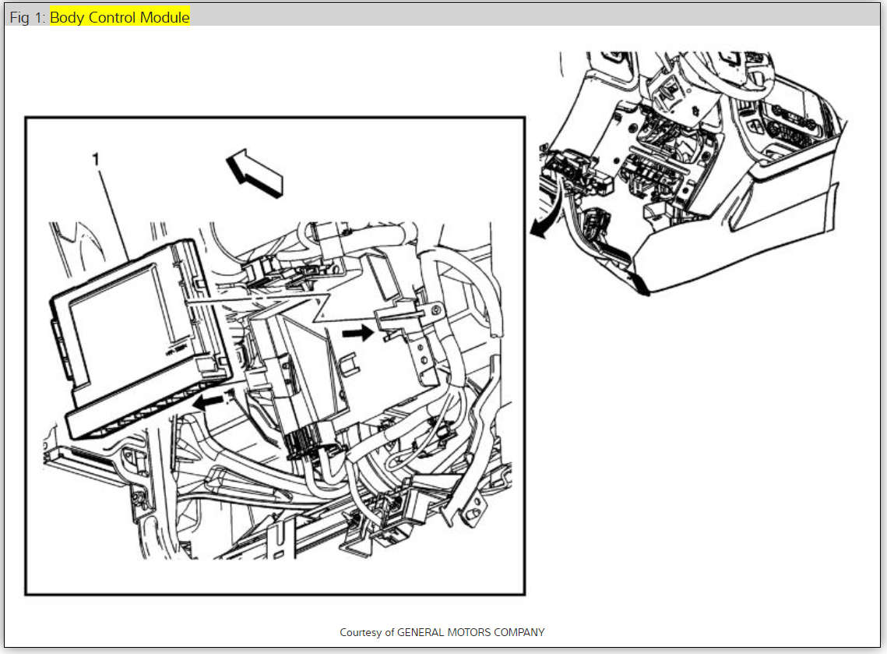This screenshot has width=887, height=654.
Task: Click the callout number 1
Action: coord(96,160)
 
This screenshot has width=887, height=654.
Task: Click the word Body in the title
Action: coord(67,18)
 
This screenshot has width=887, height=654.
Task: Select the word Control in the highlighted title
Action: coord(112,17)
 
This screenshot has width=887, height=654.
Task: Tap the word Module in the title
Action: coord(164,17)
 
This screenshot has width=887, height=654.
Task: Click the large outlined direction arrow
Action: coord(255,173)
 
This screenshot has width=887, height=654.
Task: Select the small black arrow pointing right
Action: coord(358,332)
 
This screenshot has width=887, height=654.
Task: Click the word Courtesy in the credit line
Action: coord(361,632)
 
